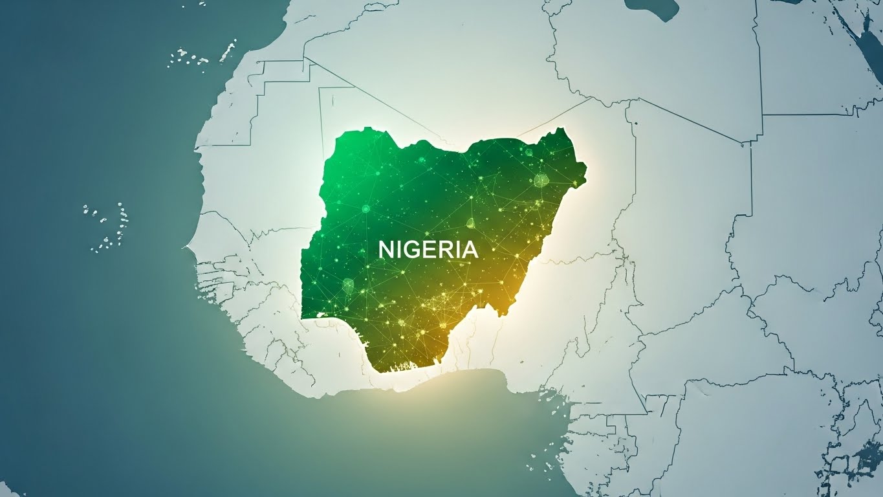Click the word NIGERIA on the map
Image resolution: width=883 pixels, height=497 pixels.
point(428,249)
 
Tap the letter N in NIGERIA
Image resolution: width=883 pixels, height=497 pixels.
point(386,249)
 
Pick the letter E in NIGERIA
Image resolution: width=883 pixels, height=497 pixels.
point(427,249)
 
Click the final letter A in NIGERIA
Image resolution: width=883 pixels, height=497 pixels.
point(469,249)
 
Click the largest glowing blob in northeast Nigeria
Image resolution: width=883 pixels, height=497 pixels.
point(540,179)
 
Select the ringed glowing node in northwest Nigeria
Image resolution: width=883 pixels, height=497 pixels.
point(365,208)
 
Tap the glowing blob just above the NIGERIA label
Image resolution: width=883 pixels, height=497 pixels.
point(470,224)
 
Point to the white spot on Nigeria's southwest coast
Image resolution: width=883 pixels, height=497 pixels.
point(322,315)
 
